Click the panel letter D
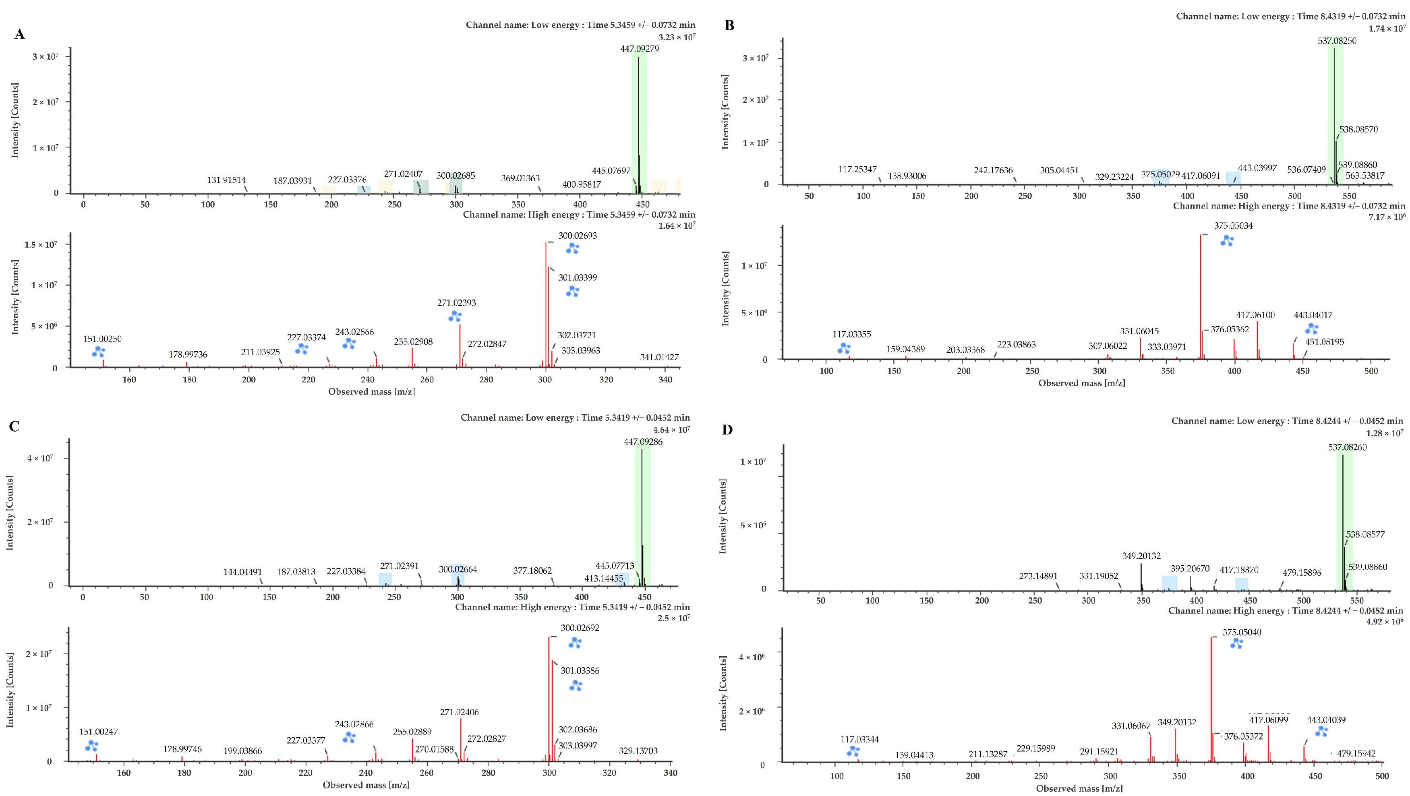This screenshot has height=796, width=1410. (x=727, y=430)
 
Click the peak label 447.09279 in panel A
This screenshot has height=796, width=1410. (x=639, y=49)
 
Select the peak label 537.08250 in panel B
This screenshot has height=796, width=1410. (x=1337, y=41)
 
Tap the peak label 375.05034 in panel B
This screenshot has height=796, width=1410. (x=1233, y=225)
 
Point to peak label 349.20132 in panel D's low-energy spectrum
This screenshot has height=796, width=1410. (x=1141, y=556)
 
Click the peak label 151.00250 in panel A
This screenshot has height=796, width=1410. (x=102, y=339)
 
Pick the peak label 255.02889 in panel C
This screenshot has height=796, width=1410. (x=412, y=732)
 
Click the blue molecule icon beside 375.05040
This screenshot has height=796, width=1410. (x=1236, y=644)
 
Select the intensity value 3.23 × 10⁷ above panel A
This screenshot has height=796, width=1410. (x=677, y=37)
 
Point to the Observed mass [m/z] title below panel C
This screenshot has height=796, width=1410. (x=366, y=785)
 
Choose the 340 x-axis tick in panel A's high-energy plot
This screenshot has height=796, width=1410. (x=665, y=379)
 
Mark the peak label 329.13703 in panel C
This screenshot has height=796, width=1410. (x=638, y=751)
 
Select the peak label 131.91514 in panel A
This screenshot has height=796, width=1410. (x=226, y=180)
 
